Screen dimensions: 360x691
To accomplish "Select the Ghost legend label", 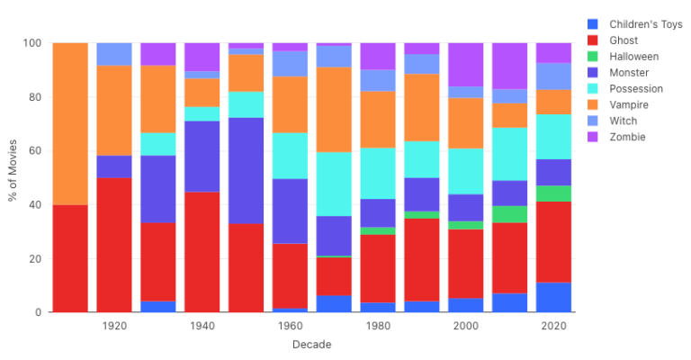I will pos(624,40).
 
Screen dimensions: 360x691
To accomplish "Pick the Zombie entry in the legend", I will pos(628,138).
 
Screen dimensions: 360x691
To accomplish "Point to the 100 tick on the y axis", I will pos(32,43).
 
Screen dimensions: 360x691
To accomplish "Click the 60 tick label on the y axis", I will pos(35,151).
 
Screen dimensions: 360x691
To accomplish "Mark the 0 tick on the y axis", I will pos(38,312).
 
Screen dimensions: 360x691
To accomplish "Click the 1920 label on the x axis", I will pos(114,327).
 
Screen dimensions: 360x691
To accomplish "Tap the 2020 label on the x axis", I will pos(554,327).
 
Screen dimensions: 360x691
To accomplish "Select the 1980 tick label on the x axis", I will pos(378,327).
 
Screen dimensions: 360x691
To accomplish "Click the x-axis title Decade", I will pos(311,346).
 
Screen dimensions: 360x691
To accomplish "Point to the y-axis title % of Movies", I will pos(13,177).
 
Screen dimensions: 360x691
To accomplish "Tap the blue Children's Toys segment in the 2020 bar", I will pos(554,297).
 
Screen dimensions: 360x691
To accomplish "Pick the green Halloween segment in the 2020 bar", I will pos(554,193).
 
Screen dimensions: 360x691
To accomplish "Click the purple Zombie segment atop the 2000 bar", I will pos(466,65).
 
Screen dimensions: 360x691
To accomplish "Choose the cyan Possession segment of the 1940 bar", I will pos(202,113).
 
